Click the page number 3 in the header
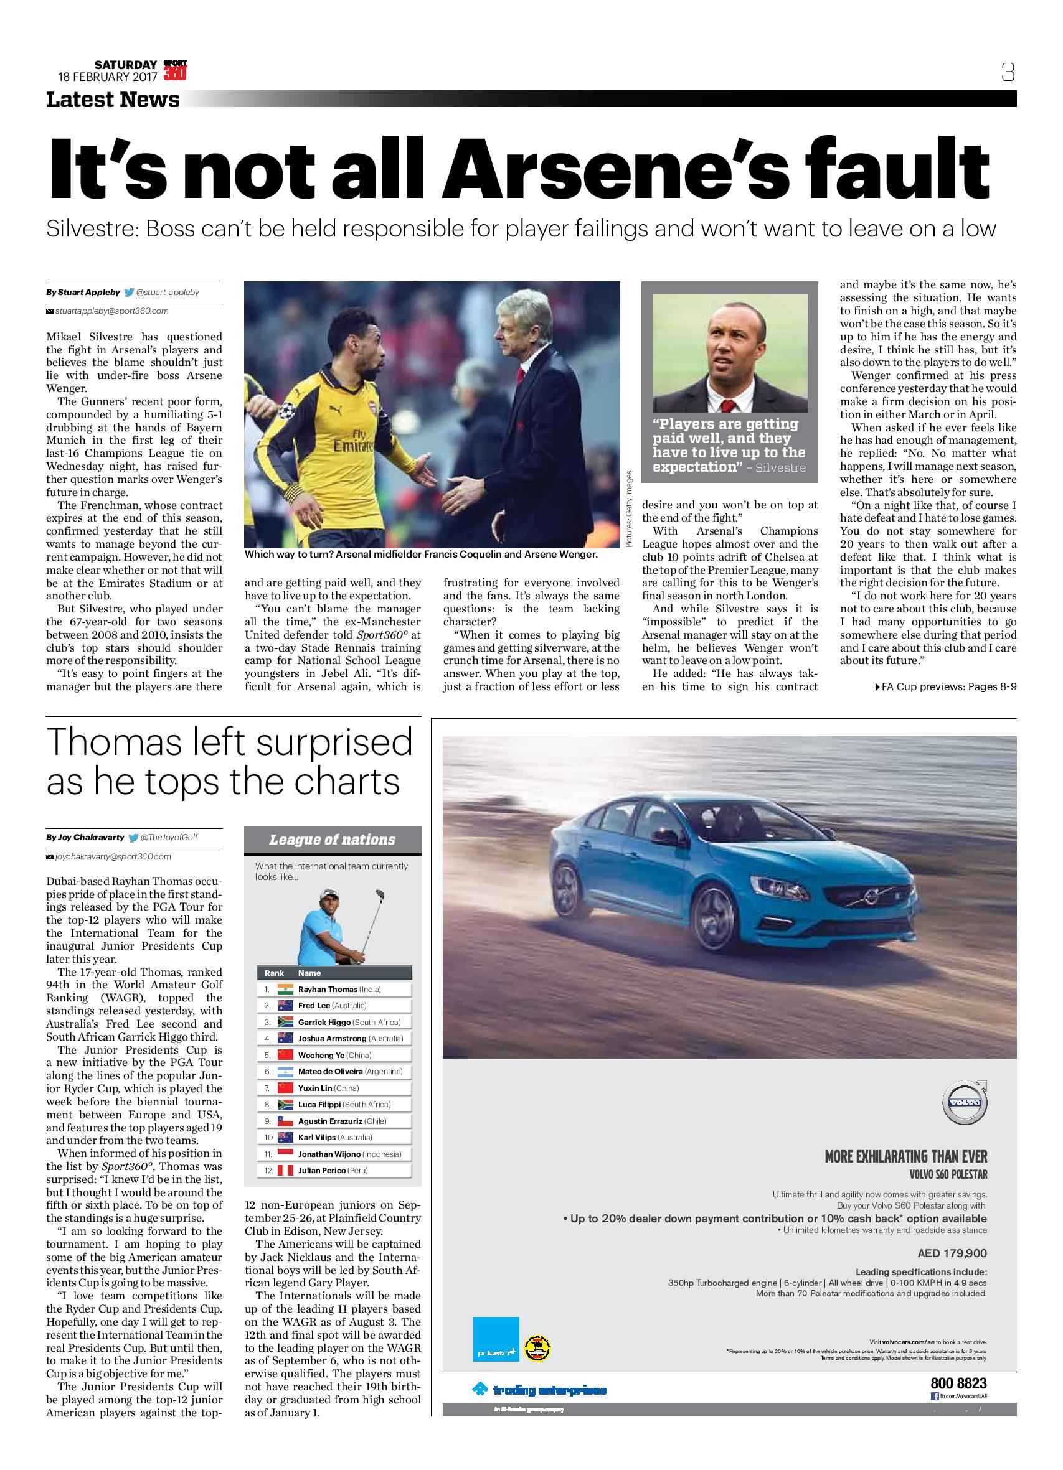[x=1007, y=72]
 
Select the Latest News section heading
[x=113, y=100]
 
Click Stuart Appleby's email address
[x=111, y=311]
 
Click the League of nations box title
[x=332, y=840]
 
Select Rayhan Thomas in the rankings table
[x=328, y=989]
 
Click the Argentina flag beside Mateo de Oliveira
[x=285, y=1072]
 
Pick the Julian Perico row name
[x=322, y=1171]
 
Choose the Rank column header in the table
[x=275, y=973]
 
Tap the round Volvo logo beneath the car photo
[x=964, y=1104]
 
